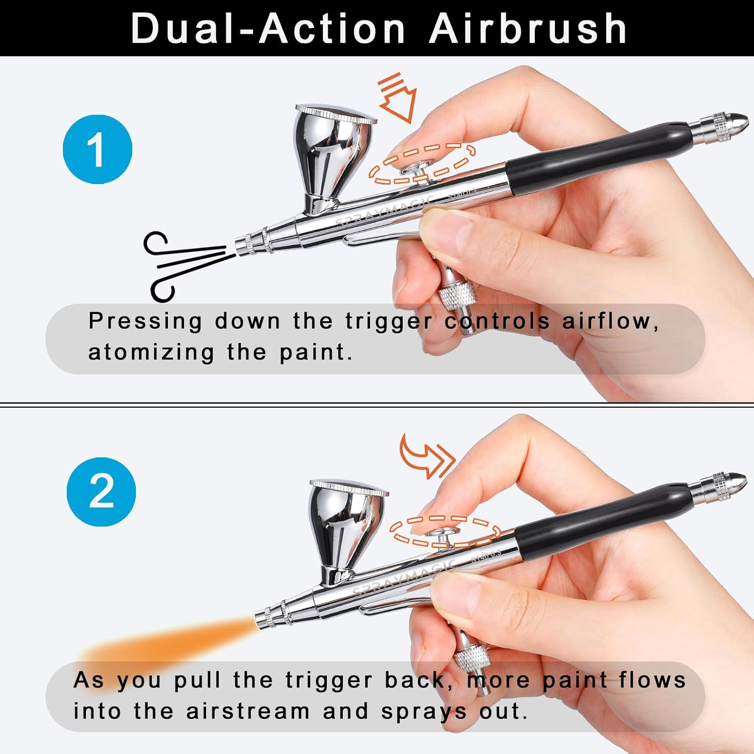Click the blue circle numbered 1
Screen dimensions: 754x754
pyautogui.click(x=98, y=149)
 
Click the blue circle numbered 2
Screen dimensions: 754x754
pyautogui.click(x=101, y=492)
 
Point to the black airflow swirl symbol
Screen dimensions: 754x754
pyautogui.click(x=186, y=266)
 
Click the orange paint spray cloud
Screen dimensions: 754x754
pyautogui.click(x=166, y=643)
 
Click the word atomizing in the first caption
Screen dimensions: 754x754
pyautogui.click(x=151, y=352)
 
